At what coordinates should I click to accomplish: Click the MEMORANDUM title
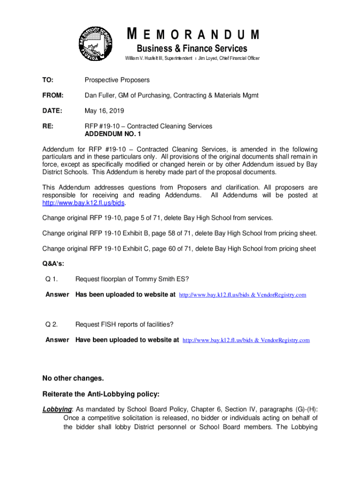[x=193, y=35]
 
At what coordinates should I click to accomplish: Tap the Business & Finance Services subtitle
[x=192, y=49]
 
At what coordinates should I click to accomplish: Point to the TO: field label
[x=48, y=80]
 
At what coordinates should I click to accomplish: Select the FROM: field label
[x=53, y=95]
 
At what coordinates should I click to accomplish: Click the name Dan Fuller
[x=101, y=95]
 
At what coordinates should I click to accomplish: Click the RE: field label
[x=48, y=126]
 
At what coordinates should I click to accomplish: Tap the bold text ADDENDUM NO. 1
[x=112, y=134]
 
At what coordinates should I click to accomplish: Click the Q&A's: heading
[x=53, y=263]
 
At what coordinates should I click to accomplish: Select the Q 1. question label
[x=51, y=279]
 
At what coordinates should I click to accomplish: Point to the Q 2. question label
[x=51, y=324]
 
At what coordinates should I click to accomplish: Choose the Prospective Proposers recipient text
[x=117, y=80]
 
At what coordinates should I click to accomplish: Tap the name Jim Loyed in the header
[x=210, y=58]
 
